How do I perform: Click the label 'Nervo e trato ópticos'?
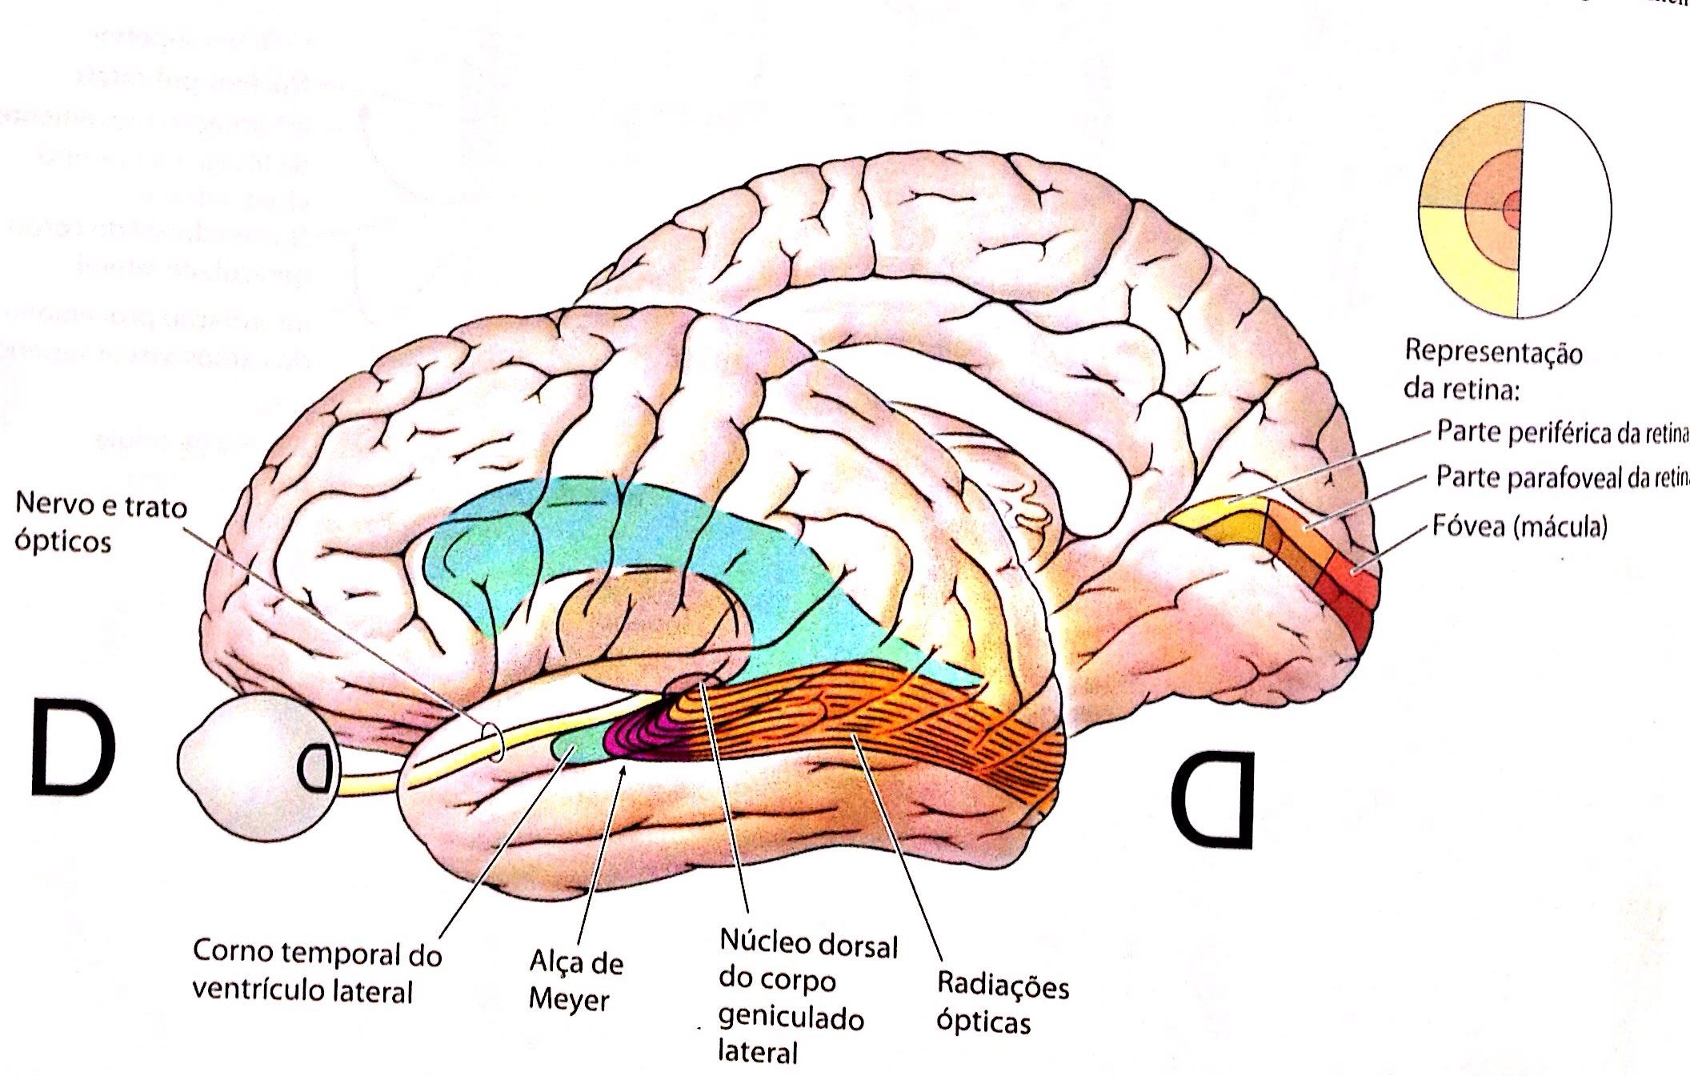101,524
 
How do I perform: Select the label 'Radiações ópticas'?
1002,1003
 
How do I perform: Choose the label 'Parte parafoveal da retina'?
1560,478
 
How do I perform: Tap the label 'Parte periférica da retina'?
1560,432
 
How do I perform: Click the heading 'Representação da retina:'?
1493,371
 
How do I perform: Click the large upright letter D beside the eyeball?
74,746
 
